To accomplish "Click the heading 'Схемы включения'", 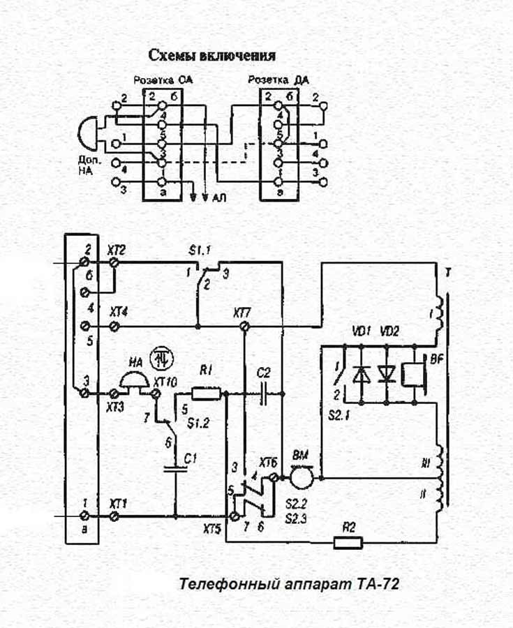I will tap(212, 55).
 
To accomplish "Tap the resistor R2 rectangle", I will tap(348, 542).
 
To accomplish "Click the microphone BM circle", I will tap(302, 479).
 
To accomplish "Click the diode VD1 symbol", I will tap(361, 375).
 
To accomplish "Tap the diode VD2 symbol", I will tap(386, 375).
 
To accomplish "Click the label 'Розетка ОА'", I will tap(163, 80).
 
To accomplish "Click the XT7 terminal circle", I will tap(243, 326).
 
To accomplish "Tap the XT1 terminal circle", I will tap(114, 517).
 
